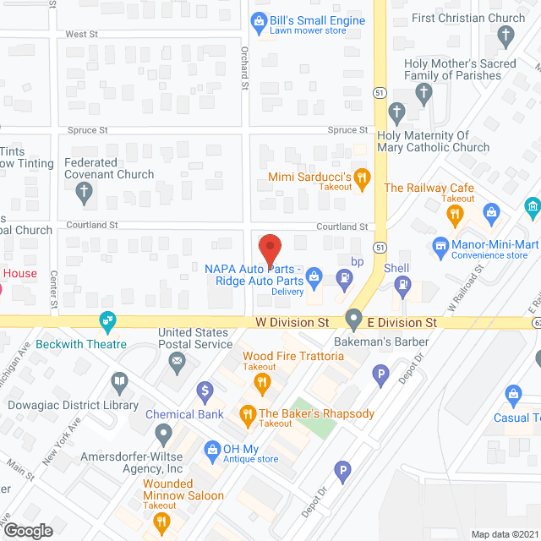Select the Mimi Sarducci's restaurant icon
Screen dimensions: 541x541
pos(362,177)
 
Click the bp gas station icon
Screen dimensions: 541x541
pos(344,277)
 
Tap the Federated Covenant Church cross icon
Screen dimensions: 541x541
pos(84,193)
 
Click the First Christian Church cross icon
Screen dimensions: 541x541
pos(505,36)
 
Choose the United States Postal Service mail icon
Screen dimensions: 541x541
pos(177,363)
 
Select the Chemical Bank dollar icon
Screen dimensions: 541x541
pos(204,391)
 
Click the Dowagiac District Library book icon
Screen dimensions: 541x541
pos(120,385)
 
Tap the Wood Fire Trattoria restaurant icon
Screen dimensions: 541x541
pos(262,384)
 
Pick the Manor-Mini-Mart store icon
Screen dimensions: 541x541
pos(440,246)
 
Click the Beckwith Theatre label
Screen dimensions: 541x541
pos(81,344)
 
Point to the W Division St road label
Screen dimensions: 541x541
pos(292,323)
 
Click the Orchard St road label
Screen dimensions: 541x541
pos(243,68)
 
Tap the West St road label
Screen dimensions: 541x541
pos(82,35)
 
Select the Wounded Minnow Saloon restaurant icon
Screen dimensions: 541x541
pos(161,522)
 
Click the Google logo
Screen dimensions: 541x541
pos(27,531)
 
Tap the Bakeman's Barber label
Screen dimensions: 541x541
pos(394,342)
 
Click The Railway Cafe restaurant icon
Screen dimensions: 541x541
pos(456,216)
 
